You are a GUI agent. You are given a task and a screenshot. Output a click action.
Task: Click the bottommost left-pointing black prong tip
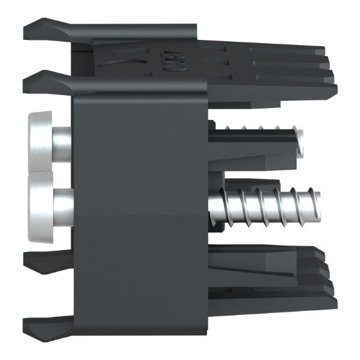pyautogui.click(x=26, y=322)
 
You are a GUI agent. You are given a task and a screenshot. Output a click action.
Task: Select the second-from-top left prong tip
pyautogui.click(x=26, y=81)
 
